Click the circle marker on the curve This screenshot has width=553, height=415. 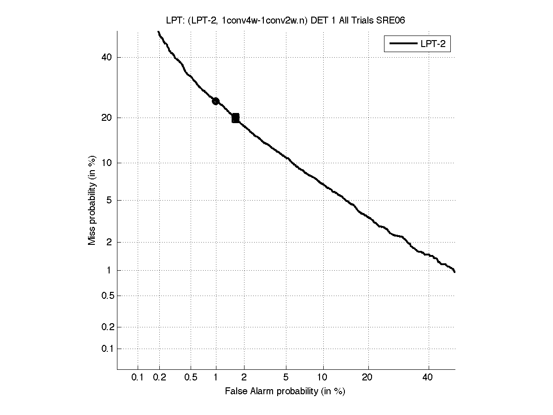[215, 101]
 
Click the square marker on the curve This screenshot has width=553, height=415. [235, 118]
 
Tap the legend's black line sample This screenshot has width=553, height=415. [403, 44]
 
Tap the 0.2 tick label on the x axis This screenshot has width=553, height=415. [159, 378]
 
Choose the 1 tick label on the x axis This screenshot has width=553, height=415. [216, 378]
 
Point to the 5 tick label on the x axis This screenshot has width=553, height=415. [286, 378]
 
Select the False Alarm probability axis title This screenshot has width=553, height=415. [285, 391]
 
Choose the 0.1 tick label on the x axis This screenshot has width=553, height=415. [138, 378]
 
